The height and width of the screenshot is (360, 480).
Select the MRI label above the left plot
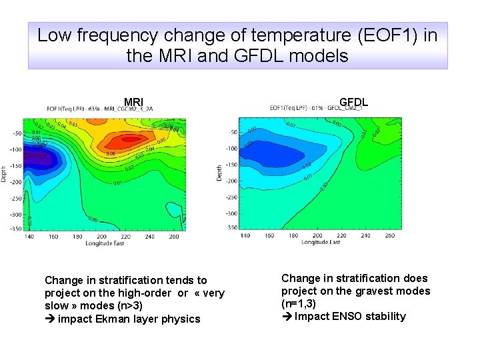point(133,103)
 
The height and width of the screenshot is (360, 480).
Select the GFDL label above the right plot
point(353,103)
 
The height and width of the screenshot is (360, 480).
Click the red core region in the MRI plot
point(123,141)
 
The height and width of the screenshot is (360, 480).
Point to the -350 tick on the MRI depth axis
point(14,229)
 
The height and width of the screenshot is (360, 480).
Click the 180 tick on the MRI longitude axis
point(77,237)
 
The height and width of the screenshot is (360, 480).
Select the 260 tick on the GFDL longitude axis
point(389,235)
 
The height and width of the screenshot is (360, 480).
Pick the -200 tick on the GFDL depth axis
point(231,181)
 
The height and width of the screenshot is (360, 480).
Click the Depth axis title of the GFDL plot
point(219,173)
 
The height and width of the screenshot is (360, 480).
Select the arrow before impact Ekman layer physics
point(49,319)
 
